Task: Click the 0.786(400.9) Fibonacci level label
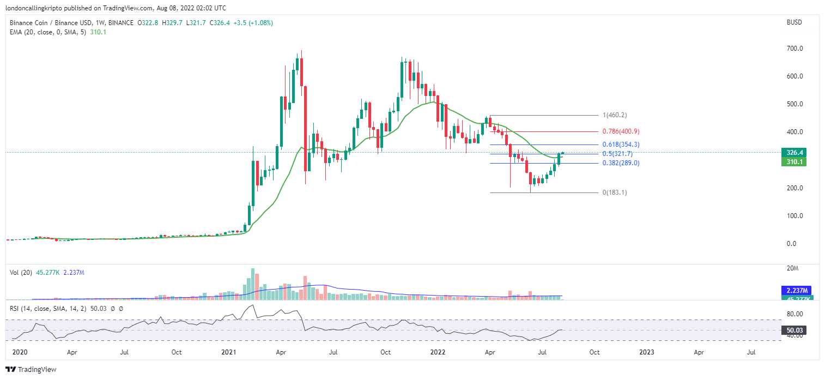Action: click(620, 132)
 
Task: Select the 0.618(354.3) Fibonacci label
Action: click(620, 145)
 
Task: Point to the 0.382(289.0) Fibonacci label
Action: click(620, 163)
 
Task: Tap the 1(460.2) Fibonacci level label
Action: click(614, 116)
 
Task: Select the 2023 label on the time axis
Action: click(647, 352)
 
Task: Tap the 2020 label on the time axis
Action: click(20, 352)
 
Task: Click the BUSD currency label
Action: click(795, 23)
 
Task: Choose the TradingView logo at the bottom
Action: click(31, 369)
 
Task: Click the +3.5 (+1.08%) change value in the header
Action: click(253, 23)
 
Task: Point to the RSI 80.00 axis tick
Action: click(795, 314)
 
